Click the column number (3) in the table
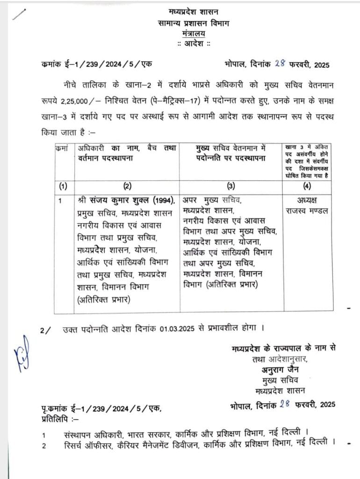click(x=230, y=185)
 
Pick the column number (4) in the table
click(x=306, y=185)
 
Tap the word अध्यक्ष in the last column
click(x=307, y=199)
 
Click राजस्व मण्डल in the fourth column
click(x=307, y=210)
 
